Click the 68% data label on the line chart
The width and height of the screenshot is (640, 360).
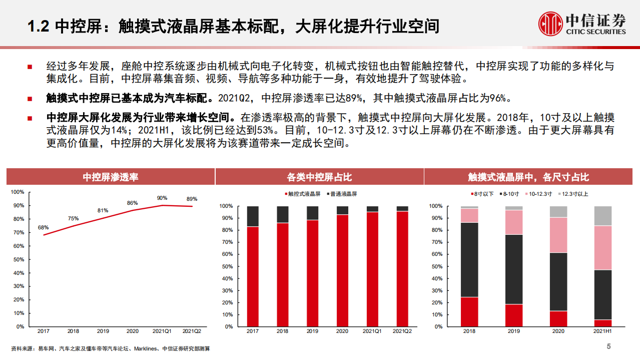pos(44,228)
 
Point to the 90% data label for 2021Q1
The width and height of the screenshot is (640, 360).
pos(162,198)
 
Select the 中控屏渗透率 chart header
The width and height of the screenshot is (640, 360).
pos(110,177)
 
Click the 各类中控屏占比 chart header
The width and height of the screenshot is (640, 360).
pos(319,177)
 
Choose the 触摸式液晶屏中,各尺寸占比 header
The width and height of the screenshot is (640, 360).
pos(528,177)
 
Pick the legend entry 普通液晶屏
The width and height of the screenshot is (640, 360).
pos(344,194)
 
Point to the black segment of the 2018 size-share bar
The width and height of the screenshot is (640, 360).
pos(469,259)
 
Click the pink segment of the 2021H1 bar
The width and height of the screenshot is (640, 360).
pos(603,248)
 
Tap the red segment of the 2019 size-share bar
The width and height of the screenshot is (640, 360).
pos(514,315)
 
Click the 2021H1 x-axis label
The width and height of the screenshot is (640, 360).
pos(603,331)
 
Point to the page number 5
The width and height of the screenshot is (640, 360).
pos(608,346)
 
